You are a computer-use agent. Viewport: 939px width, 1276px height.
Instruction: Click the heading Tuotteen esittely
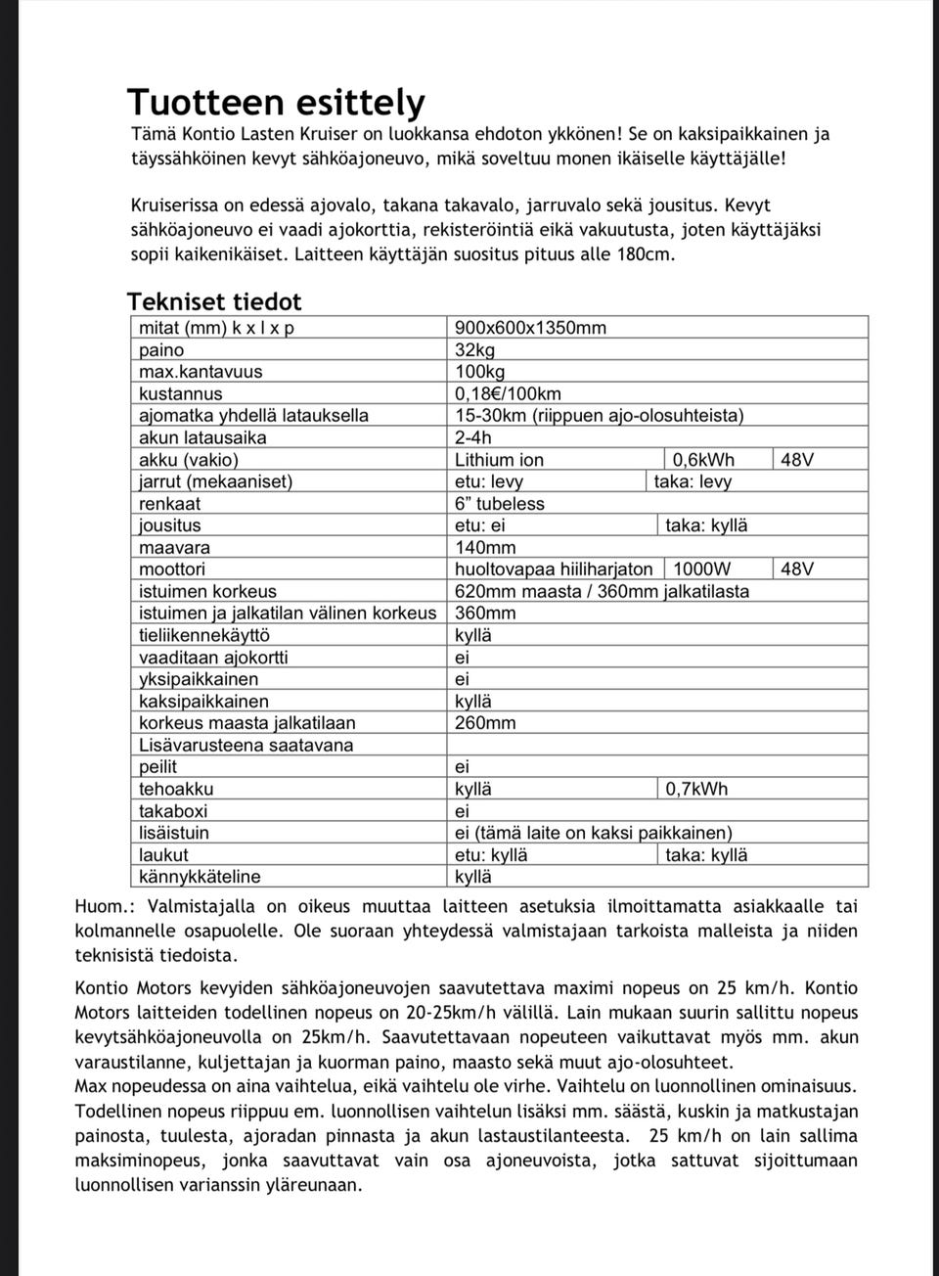click(x=276, y=102)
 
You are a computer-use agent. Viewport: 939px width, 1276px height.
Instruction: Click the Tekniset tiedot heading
click(x=214, y=301)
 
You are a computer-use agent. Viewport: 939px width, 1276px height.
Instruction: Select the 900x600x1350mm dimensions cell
click(x=530, y=328)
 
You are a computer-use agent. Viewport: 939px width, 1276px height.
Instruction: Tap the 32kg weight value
click(x=475, y=350)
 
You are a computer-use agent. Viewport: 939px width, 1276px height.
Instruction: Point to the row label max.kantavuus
click(x=201, y=372)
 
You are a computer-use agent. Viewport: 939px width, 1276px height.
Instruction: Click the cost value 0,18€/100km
click(x=508, y=394)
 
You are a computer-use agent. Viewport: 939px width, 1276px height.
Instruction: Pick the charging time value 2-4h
click(x=473, y=437)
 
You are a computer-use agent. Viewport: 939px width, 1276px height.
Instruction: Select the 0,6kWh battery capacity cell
click(x=703, y=460)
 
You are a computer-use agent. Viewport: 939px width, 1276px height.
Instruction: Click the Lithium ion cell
click(x=499, y=460)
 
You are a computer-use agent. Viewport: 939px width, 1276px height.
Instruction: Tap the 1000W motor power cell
click(x=702, y=570)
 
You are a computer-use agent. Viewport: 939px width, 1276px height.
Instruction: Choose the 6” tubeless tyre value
click(x=499, y=504)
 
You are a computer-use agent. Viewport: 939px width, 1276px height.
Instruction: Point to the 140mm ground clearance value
click(x=485, y=548)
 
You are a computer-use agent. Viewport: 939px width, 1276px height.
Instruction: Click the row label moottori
click(x=172, y=570)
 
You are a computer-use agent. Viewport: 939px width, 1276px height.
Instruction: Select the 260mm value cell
click(x=485, y=723)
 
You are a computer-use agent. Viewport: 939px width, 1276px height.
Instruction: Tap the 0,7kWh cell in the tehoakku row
click(x=696, y=789)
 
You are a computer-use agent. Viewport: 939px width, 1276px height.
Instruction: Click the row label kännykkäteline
click(x=200, y=877)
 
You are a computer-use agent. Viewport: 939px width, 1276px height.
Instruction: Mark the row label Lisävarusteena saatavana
click(x=246, y=746)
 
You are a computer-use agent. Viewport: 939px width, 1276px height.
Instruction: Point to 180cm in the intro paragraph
click(x=645, y=254)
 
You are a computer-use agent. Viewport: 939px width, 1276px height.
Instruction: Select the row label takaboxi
click(x=173, y=811)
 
